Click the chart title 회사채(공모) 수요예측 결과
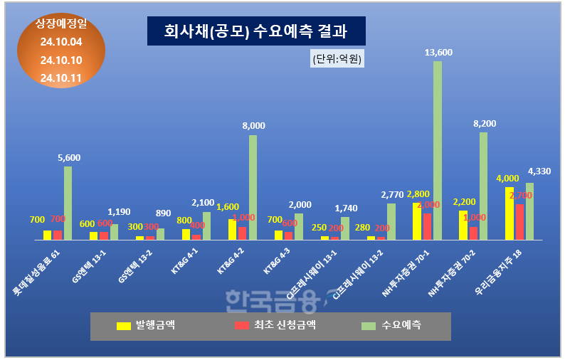255,31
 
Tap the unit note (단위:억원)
337,59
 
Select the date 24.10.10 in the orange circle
61,60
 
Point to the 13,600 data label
438,52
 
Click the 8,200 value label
484,123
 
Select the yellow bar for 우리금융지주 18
509,213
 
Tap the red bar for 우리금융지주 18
519,221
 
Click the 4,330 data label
539,171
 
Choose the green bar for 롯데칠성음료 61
68,203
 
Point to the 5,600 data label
68,157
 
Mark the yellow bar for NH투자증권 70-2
463,224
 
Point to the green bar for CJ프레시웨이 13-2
391,221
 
